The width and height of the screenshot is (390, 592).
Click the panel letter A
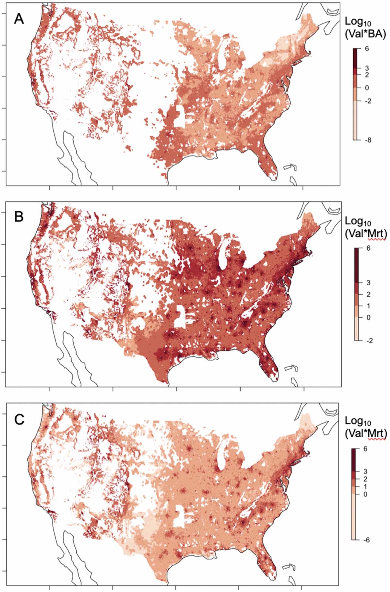(x=19, y=19)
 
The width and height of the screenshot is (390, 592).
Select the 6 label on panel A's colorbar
(x=367, y=49)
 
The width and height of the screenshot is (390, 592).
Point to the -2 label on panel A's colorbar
(x=368, y=101)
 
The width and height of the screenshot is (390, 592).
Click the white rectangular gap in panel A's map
(x=180, y=116)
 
